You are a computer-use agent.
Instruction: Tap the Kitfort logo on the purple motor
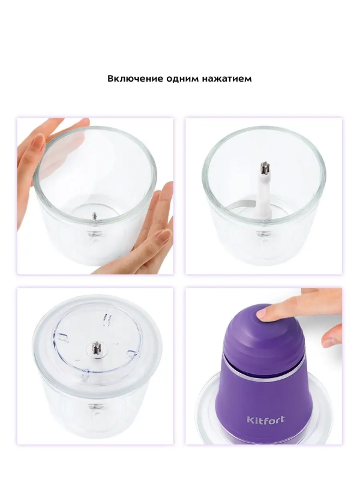[265, 419]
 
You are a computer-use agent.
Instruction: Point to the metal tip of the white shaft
[263, 169]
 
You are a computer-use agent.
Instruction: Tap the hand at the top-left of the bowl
[42, 147]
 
